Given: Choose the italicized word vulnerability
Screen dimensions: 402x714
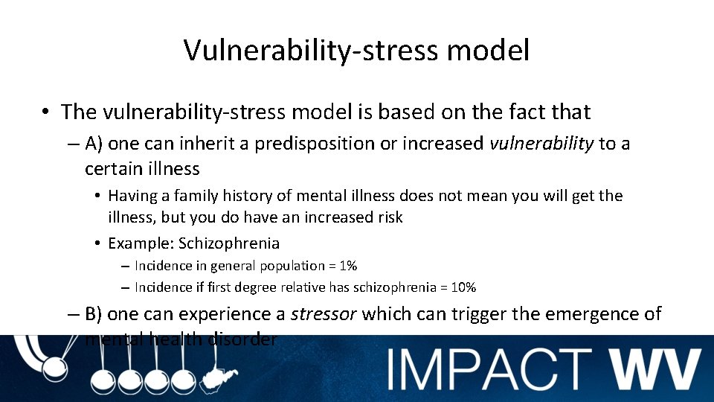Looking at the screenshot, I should (541, 144).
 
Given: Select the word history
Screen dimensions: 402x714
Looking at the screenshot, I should (259, 196).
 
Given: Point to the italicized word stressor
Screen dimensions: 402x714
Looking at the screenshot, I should (323, 314).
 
